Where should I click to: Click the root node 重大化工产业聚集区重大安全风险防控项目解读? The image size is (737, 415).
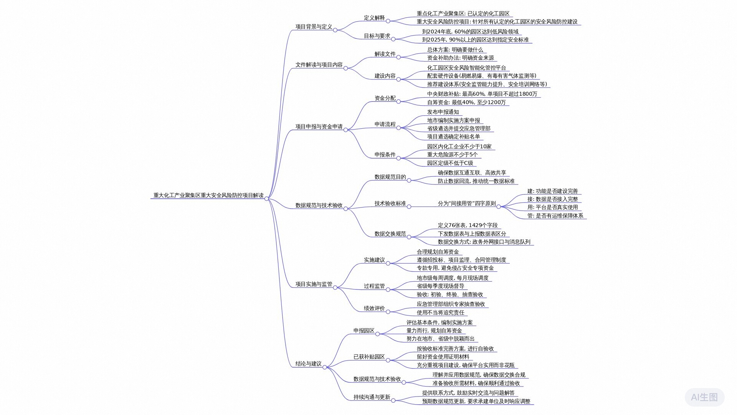coord(208,195)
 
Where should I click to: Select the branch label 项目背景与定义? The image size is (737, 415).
coord(314,27)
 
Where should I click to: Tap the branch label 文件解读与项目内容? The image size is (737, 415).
coord(319,65)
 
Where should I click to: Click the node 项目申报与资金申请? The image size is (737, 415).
coord(319,127)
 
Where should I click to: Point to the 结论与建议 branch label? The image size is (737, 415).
coord(309,364)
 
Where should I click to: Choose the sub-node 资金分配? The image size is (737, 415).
coord(385,98)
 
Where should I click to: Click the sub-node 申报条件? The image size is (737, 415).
coord(385,155)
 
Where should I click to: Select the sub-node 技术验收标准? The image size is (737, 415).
coord(390,204)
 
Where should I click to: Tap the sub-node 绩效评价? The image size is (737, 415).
coord(374,309)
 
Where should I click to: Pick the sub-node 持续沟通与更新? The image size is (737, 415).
coord(372,397)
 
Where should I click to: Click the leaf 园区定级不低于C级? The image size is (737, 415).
coord(450,163)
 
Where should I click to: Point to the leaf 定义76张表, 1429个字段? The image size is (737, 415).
coord(468,226)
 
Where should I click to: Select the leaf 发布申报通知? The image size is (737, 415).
coord(443,112)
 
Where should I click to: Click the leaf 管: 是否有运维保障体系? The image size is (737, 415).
coord(555,216)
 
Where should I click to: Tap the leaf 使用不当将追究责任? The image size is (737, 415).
coord(440,313)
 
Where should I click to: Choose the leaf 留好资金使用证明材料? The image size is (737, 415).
coord(443,357)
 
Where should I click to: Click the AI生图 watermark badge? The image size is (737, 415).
coord(704,397)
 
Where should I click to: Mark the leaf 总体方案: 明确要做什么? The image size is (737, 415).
coord(455,50)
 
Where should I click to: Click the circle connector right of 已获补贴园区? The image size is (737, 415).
coord(388,360)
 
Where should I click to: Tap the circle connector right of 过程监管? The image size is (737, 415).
coord(388,289)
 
